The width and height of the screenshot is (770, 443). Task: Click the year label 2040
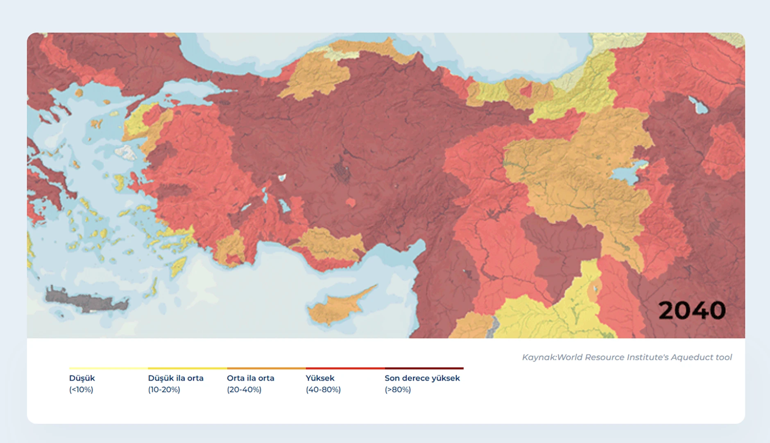click(x=692, y=311)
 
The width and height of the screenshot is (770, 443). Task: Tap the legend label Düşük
click(x=82, y=378)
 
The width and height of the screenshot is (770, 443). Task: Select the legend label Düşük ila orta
click(x=176, y=378)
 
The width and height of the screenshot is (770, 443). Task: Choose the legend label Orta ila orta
click(x=251, y=378)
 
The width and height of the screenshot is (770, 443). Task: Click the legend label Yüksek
click(x=320, y=378)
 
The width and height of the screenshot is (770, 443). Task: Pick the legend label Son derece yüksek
click(x=422, y=378)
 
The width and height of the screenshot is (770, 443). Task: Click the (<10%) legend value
click(x=81, y=390)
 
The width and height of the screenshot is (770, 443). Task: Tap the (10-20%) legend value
click(x=164, y=390)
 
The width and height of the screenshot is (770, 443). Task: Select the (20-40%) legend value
click(x=244, y=390)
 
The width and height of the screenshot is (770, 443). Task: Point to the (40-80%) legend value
click(x=323, y=390)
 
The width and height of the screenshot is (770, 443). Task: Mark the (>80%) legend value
click(x=398, y=390)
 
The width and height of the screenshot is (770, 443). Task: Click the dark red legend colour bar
click(x=424, y=368)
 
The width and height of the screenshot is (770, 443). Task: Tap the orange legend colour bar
click(x=266, y=368)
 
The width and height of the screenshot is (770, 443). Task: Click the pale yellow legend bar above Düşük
click(x=108, y=368)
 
